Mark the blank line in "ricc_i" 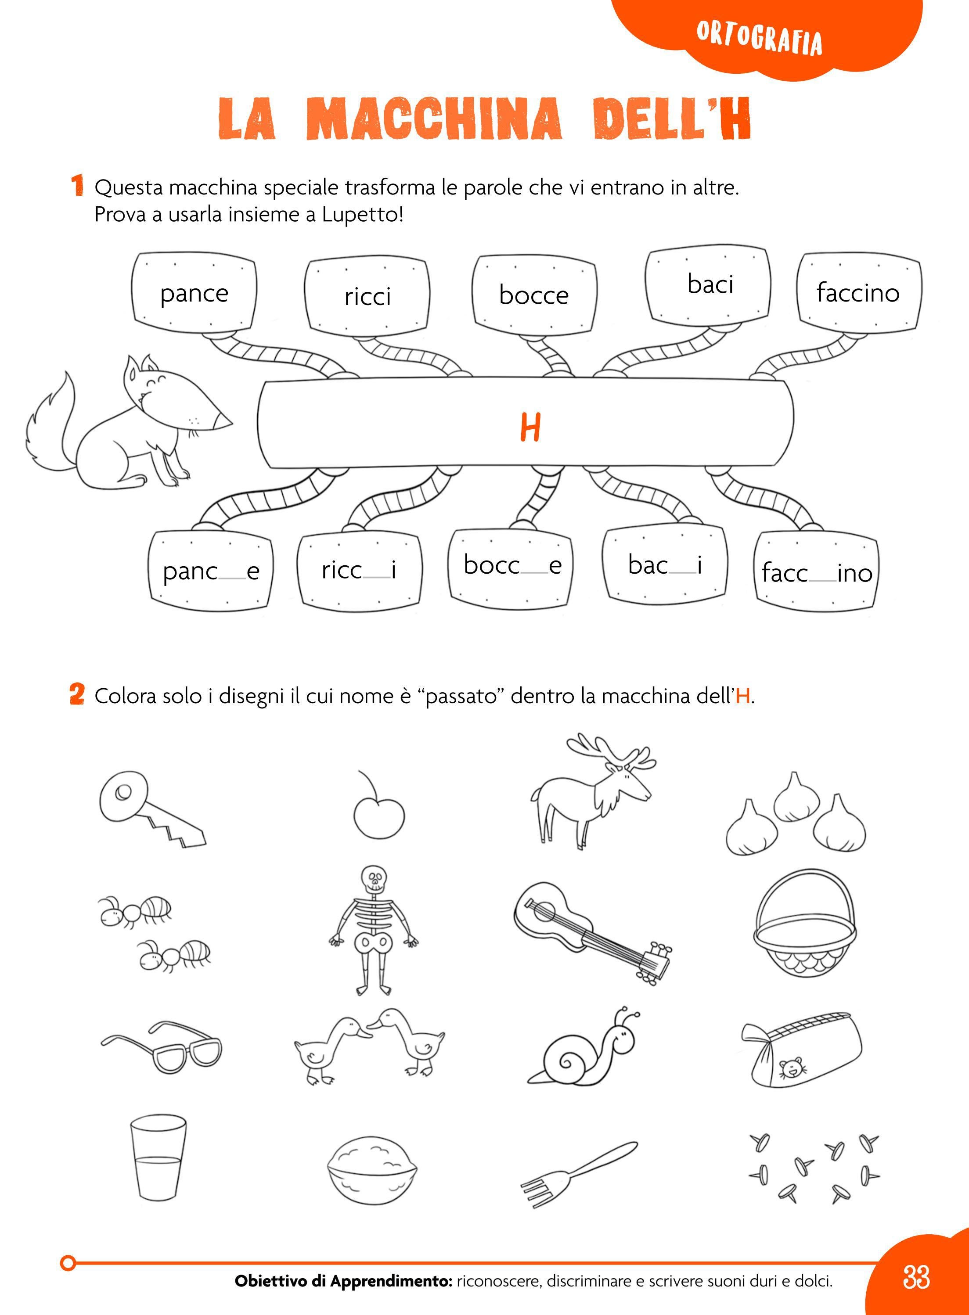[x=377, y=578]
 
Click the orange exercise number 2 [x=76, y=695]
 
